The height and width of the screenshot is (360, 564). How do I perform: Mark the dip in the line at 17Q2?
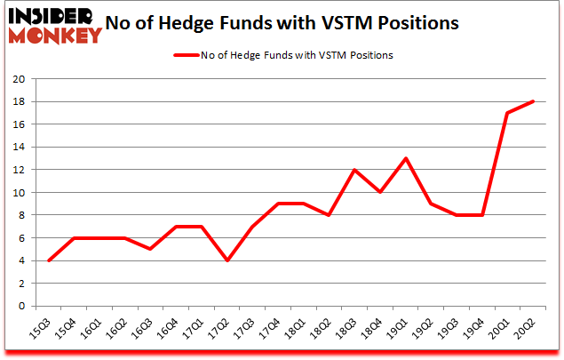[x=228, y=260]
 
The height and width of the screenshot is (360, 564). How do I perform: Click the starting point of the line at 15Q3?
[x=48, y=260]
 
